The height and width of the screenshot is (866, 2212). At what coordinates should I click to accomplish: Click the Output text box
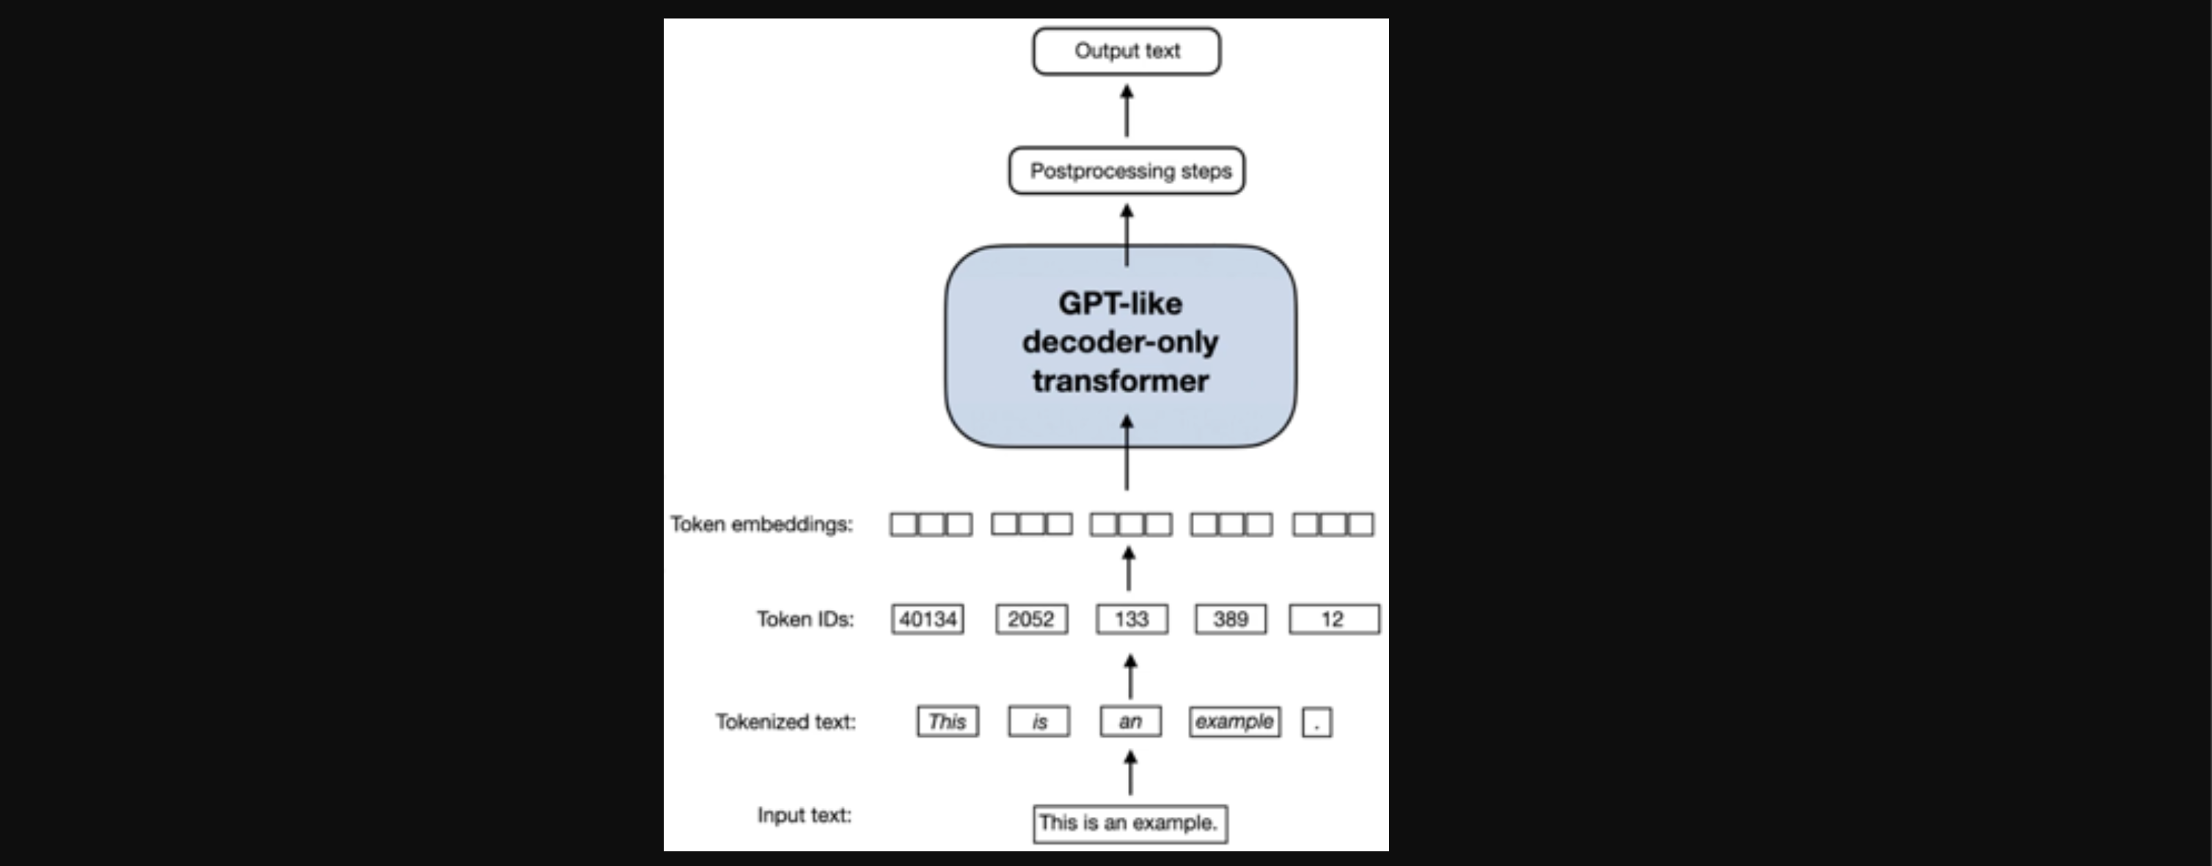pyautogui.click(x=1127, y=51)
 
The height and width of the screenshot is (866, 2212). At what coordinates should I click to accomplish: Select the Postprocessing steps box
pyautogui.click(x=1127, y=171)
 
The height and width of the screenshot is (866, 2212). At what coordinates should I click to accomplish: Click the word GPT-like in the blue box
pyautogui.click(x=1120, y=303)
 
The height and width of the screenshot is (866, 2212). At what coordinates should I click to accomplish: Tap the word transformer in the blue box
pyautogui.click(x=1120, y=381)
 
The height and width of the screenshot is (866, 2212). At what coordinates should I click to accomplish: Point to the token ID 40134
pyautogui.click(x=927, y=619)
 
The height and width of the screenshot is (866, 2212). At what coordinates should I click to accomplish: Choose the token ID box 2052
pyautogui.click(x=1031, y=619)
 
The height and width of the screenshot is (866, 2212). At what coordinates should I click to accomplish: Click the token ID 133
pyautogui.click(x=1132, y=619)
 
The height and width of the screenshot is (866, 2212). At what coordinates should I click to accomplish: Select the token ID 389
pyautogui.click(x=1231, y=619)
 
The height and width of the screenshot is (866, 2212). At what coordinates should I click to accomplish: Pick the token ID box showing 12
pyautogui.click(x=1333, y=619)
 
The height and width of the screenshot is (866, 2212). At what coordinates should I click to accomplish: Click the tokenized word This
pyautogui.click(x=947, y=721)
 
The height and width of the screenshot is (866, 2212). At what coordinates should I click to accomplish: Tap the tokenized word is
pyautogui.click(x=1039, y=721)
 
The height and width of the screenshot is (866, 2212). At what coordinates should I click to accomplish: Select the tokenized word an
pyautogui.click(x=1130, y=721)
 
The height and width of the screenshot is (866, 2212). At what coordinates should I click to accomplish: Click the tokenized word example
pyautogui.click(x=1234, y=721)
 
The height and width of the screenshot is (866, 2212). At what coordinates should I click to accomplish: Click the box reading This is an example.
pyautogui.click(x=1130, y=823)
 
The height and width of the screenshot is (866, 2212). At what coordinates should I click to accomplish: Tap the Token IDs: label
pyautogui.click(x=805, y=619)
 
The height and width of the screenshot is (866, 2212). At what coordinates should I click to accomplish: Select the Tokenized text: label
pyautogui.click(x=785, y=721)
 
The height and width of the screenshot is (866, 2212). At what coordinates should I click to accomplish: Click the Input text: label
pyautogui.click(x=805, y=815)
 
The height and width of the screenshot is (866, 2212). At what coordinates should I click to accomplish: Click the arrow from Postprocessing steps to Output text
pyautogui.click(x=1127, y=111)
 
